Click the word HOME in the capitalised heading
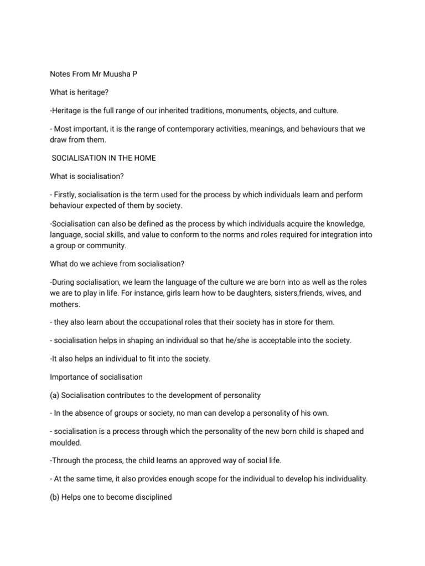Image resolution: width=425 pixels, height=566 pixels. point(144,158)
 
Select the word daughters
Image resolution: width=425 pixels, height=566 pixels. point(250,293)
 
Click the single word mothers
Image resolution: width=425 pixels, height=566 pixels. point(64,304)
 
